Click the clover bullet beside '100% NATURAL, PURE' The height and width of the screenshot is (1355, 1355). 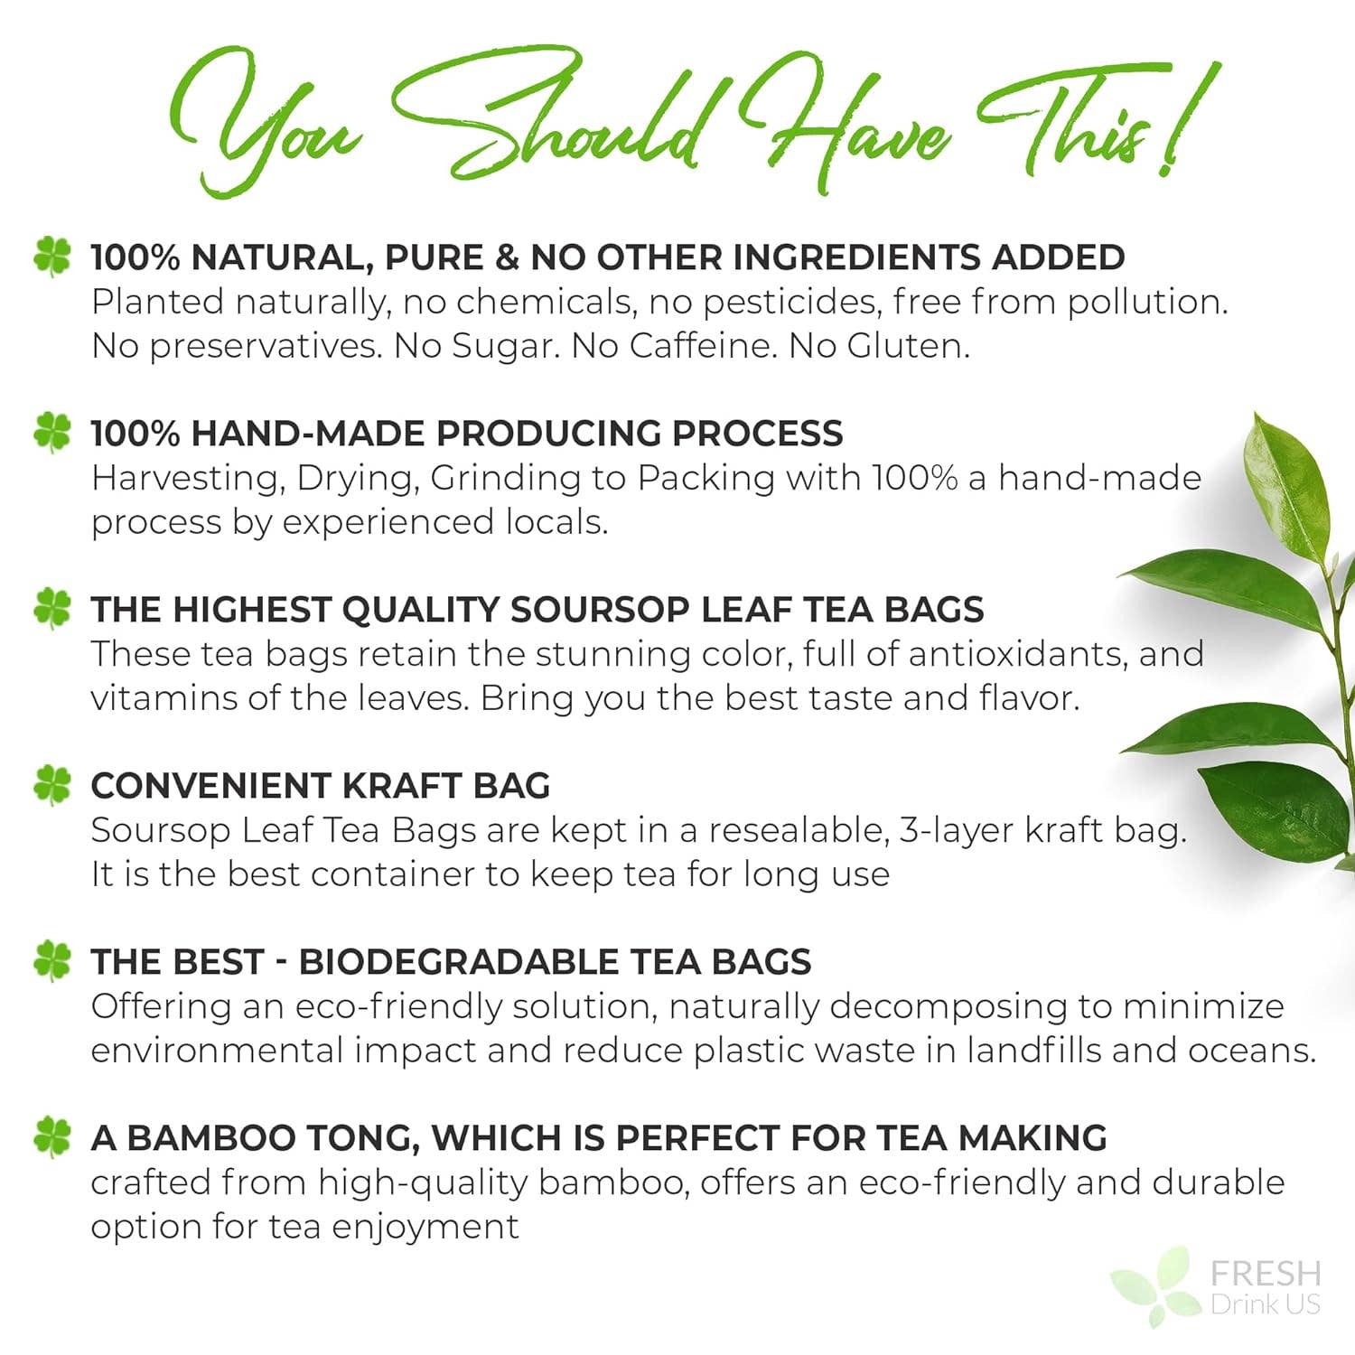pos(51,257)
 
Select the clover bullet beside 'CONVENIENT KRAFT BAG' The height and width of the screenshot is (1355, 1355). pos(51,785)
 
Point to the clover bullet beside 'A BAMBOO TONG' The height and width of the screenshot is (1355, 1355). pos(51,1136)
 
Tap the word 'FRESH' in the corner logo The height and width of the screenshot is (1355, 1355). pos(1265,1274)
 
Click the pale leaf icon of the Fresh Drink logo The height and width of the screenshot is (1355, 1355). pos(1157,1287)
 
